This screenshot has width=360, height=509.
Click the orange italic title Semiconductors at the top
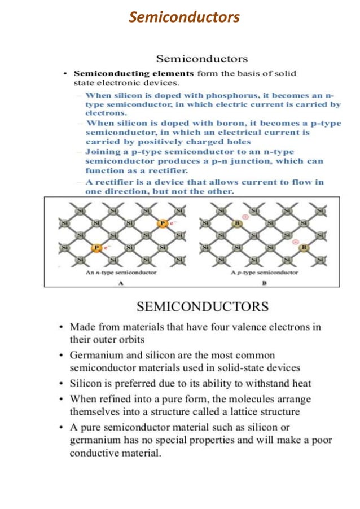tap(184, 17)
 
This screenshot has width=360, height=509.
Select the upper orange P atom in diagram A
tap(163, 223)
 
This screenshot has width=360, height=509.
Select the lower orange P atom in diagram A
tap(96, 248)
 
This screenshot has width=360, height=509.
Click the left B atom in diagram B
tap(238, 223)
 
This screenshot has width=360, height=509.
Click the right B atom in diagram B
tap(304, 248)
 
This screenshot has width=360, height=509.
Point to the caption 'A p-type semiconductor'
tap(265, 272)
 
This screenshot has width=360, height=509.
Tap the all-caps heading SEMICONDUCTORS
tap(203, 307)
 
